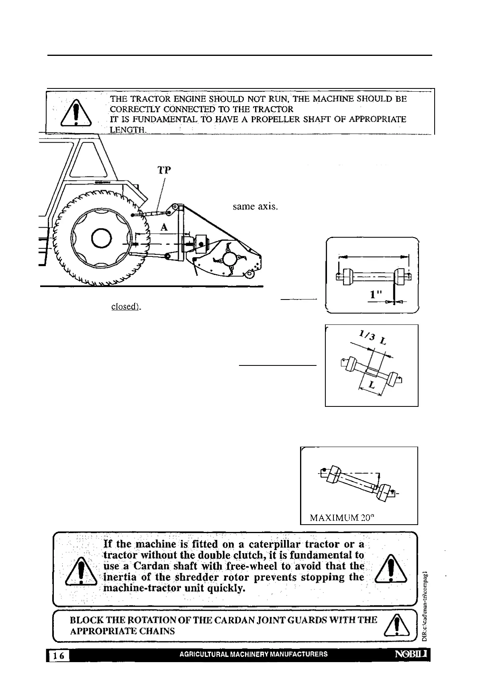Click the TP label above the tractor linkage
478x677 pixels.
pyautogui.click(x=164, y=170)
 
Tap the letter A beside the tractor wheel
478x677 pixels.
pyautogui.click(x=164, y=228)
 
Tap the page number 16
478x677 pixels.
pyautogui.click(x=59, y=656)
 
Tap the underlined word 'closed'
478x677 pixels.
pyautogui.click(x=125, y=307)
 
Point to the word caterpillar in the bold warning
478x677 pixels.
pyautogui.click(x=276, y=544)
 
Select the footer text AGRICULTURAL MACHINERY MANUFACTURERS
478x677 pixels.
pyautogui.click(x=253, y=654)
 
